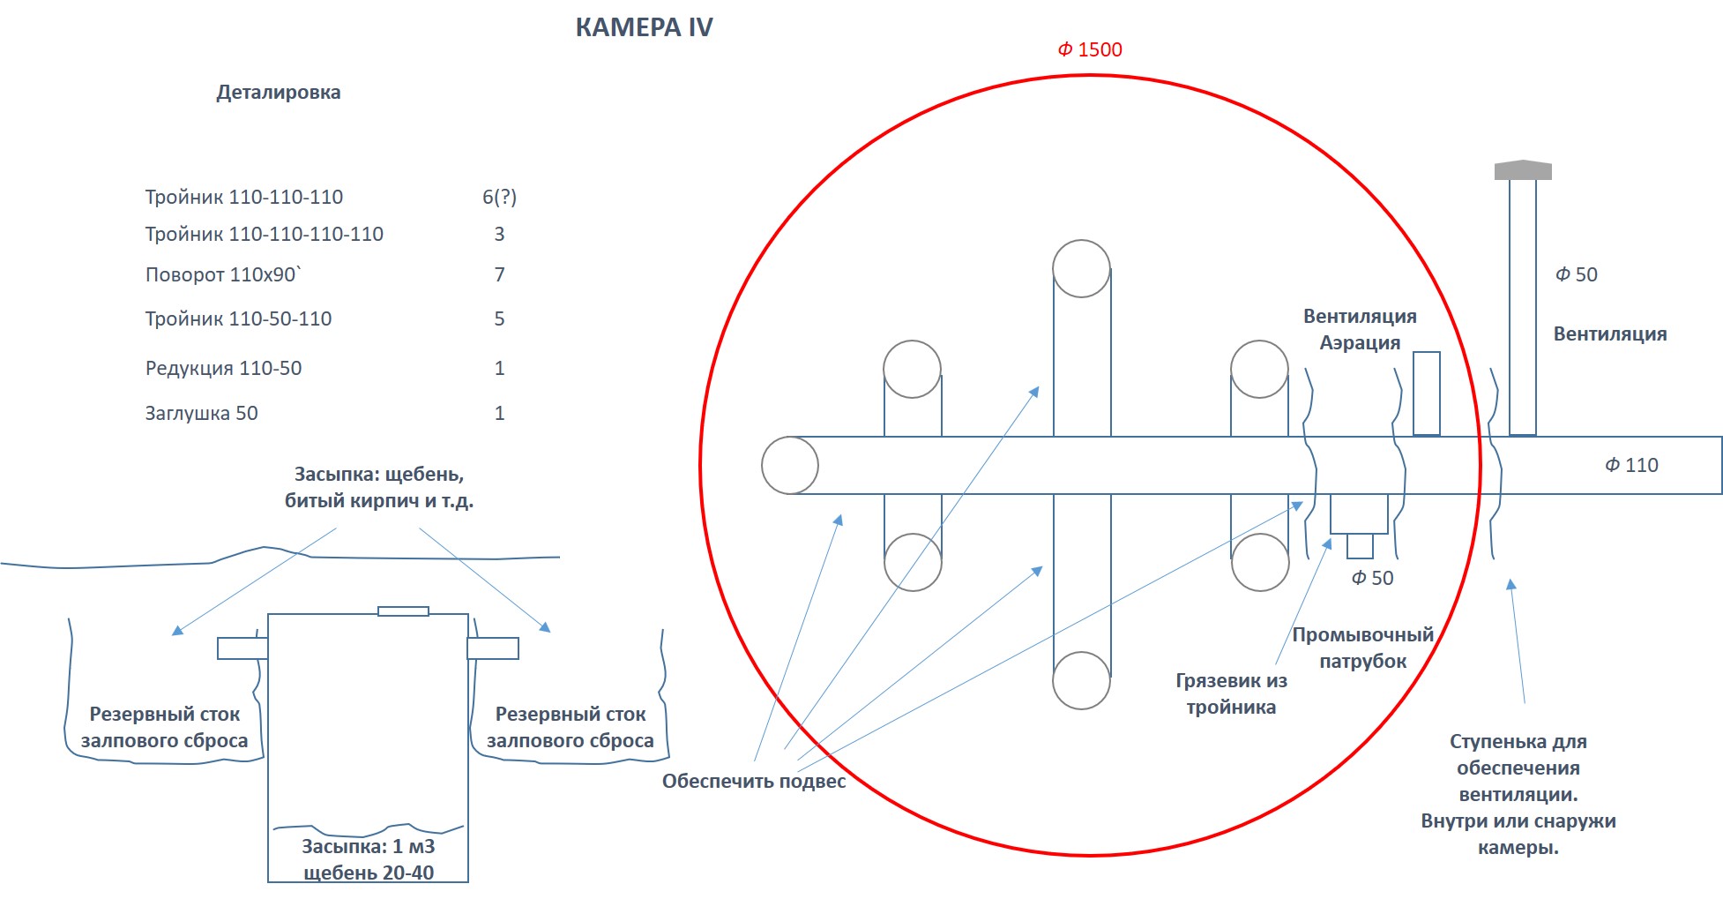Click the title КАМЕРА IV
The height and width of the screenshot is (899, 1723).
click(x=644, y=27)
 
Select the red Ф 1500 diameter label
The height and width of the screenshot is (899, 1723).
click(x=1090, y=50)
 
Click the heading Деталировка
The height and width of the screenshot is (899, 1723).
click(x=279, y=93)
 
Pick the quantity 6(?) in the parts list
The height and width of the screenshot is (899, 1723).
click(x=499, y=198)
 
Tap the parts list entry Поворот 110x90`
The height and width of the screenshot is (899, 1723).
click(x=223, y=274)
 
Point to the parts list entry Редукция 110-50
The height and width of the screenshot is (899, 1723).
click(x=223, y=368)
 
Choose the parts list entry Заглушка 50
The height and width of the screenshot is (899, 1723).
click(x=201, y=413)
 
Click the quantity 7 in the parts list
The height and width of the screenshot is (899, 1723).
click(x=499, y=274)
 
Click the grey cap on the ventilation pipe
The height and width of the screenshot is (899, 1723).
click(x=1523, y=170)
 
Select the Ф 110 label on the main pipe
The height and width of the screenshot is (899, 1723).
click(x=1631, y=465)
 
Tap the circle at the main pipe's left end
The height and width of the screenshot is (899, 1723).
click(x=790, y=465)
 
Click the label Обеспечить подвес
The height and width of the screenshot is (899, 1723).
click(x=754, y=781)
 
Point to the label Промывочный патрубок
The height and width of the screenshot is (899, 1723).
click(x=1363, y=648)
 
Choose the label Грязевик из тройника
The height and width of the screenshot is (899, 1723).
click(x=1232, y=693)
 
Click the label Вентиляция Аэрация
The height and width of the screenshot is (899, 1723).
click(x=1360, y=329)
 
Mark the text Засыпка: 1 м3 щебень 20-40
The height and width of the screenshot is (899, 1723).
click(x=369, y=859)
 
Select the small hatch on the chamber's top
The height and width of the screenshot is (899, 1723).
click(x=403, y=611)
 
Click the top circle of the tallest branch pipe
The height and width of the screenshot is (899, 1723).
click(x=1081, y=268)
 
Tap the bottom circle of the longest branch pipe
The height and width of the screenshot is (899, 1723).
click(x=1081, y=680)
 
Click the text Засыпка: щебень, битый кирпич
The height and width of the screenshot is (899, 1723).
click(x=379, y=488)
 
